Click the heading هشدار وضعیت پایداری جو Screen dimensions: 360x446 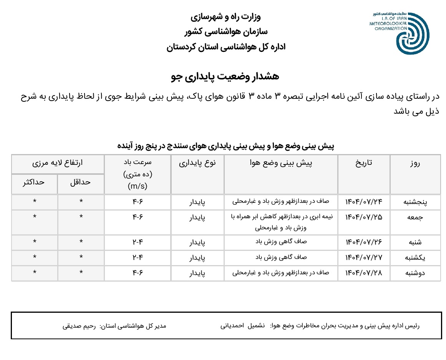click(225, 76)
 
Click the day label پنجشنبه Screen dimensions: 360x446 click(416, 202)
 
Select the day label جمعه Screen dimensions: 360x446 click(416, 217)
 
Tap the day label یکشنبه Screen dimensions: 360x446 click(416, 257)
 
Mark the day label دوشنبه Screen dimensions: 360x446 click(416, 273)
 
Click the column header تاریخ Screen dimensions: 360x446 click(364, 163)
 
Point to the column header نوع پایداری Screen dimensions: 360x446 click(197, 163)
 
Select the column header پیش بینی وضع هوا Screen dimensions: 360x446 click(281, 163)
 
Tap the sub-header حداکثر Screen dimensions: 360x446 click(34, 182)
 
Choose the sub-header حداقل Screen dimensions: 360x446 click(80, 182)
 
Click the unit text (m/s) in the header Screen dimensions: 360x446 click(138, 186)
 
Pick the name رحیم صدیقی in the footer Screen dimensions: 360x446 click(79, 326)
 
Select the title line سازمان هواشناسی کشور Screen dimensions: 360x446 click(226, 32)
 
